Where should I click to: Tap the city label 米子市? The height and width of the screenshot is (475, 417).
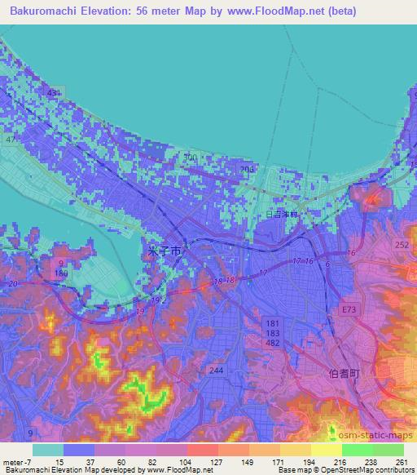click(x=164, y=251)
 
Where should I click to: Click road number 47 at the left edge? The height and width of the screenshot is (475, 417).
click(x=11, y=140)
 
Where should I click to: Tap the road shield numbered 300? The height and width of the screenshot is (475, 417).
click(x=191, y=157)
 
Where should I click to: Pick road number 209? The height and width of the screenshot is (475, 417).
click(x=247, y=169)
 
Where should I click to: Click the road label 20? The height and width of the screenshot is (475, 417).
click(x=11, y=283)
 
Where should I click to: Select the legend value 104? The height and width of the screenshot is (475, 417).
click(x=185, y=462)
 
